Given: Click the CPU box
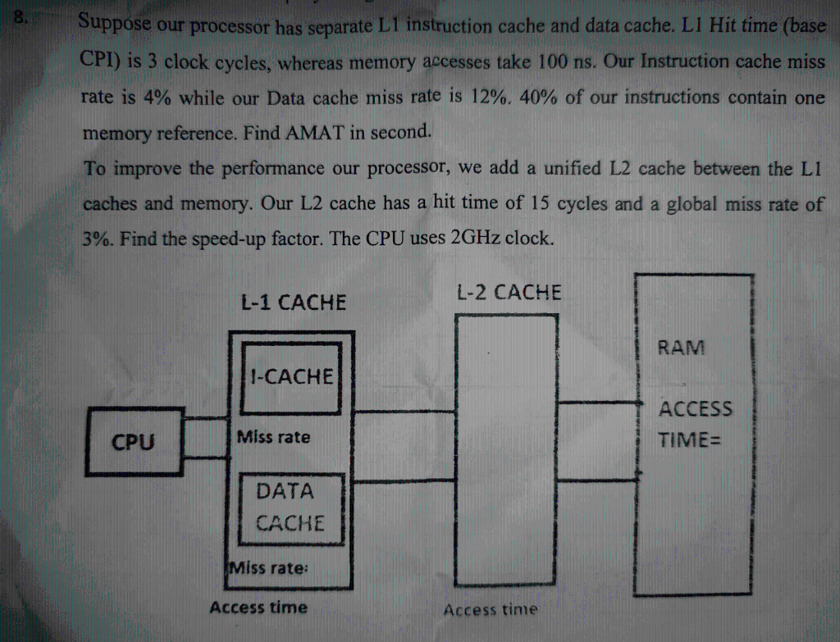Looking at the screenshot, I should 133,443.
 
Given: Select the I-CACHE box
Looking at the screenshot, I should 293,377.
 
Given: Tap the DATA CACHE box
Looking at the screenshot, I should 285,508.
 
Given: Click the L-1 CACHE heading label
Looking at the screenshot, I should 293,303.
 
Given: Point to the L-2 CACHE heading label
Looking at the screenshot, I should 509,292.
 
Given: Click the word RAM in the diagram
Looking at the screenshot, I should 681,348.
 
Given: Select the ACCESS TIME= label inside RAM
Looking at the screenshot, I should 696,424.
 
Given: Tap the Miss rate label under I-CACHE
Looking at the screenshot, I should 273,437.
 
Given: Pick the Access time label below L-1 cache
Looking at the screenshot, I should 258,608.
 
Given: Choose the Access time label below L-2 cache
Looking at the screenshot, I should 491,609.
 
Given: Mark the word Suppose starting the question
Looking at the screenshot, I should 115,24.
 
